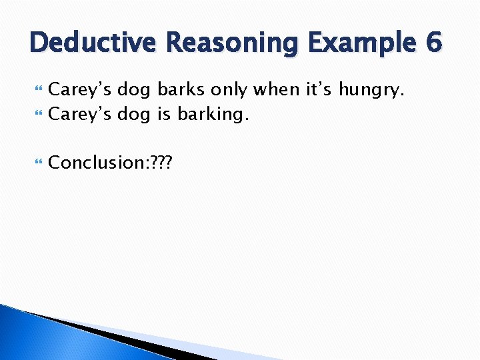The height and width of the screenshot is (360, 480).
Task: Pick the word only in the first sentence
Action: [x=228, y=89]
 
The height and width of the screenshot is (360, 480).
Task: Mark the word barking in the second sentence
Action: [x=213, y=115]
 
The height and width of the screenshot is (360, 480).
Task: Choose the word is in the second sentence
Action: [x=164, y=114]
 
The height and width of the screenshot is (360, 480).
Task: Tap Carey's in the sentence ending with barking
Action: [x=79, y=115]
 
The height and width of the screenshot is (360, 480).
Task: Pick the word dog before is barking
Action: [x=134, y=115]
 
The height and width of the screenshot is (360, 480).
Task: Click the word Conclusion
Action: [x=93, y=162]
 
